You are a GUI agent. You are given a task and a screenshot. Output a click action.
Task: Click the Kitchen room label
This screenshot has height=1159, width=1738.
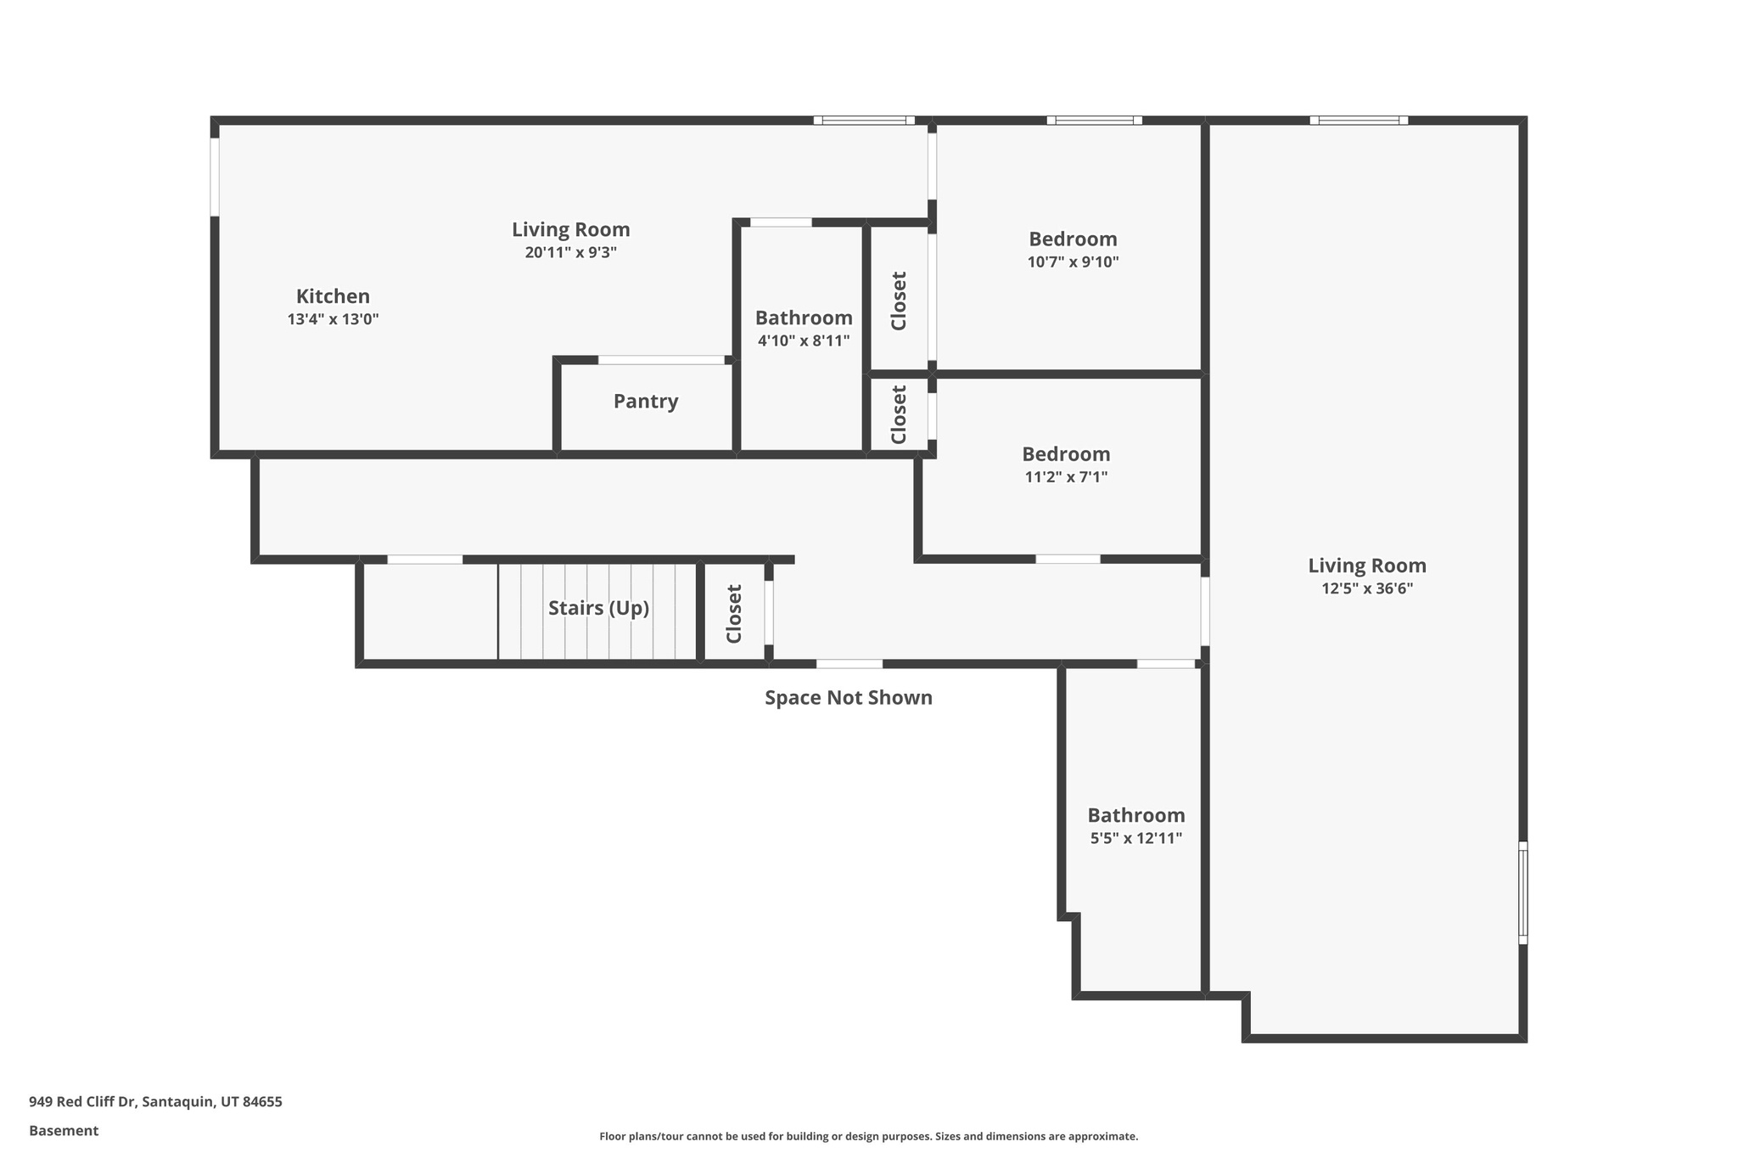(333, 296)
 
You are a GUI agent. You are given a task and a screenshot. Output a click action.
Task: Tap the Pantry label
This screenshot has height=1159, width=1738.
(646, 401)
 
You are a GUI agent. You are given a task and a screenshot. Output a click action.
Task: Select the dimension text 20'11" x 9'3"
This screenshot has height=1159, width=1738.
(570, 252)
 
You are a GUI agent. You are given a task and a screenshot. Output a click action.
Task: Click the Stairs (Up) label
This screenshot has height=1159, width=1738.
(598, 608)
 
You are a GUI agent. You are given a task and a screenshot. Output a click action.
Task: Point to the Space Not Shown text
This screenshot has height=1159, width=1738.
(848, 698)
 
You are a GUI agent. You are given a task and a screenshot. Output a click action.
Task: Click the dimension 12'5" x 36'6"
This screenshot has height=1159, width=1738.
(1366, 588)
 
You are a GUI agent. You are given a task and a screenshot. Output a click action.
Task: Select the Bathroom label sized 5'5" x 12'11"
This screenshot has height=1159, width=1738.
(1135, 815)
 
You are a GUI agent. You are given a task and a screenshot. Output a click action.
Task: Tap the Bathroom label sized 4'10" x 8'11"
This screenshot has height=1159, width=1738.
(804, 318)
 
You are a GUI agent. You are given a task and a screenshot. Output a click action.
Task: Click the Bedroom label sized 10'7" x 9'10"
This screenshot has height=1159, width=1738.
(1073, 239)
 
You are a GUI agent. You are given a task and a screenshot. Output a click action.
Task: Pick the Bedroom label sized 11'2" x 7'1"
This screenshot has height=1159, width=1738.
(1066, 453)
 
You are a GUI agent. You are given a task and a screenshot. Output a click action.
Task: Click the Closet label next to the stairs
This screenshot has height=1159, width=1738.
(734, 614)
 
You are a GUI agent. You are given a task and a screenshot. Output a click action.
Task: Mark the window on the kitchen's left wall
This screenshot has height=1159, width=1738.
(215, 177)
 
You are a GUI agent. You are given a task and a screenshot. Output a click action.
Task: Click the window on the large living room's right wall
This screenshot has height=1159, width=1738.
(1522, 892)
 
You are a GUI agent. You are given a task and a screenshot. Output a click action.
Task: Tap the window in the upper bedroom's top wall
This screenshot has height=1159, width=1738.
(1094, 121)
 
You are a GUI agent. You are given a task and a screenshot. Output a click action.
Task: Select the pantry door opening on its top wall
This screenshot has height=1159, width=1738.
(661, 360)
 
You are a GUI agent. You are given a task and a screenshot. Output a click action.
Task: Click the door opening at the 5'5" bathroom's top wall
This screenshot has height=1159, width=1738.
(1166, 664)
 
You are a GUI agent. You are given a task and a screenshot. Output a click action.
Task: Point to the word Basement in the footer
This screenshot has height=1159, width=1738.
(64, 1130)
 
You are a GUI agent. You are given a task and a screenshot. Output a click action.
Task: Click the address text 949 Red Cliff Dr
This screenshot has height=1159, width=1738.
(82, 1101)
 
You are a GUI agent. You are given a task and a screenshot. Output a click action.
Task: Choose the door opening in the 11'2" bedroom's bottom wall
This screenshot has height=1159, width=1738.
(1068, 559)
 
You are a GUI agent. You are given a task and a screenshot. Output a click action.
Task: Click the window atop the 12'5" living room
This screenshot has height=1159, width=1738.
(1359, 121)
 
